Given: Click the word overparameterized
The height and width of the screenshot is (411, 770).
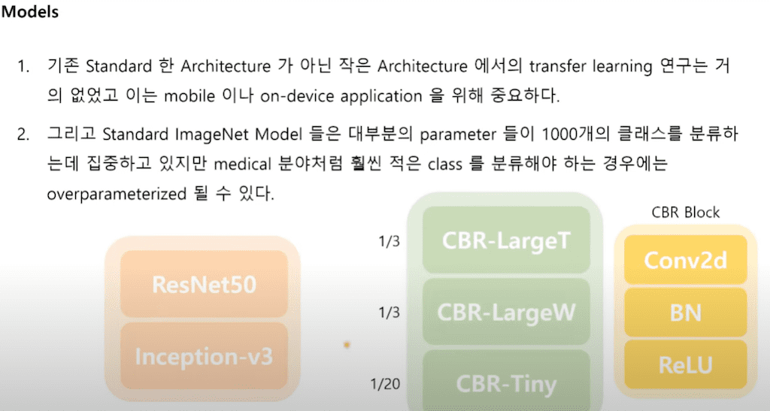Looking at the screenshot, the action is tap(114, 194).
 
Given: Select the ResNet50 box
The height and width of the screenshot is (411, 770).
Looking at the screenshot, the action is tap(204, 285).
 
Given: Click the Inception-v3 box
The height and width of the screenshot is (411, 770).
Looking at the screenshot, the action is tap(204, 356).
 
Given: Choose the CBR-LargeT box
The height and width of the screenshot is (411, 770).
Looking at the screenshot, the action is tap(506, 240).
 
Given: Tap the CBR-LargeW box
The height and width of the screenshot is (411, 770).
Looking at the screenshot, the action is tap(506, 312).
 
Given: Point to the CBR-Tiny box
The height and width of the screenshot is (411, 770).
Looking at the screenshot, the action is tap(506, 383).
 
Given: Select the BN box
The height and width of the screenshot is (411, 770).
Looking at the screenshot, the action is tap(685, 313).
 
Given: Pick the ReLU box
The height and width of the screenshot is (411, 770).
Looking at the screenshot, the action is tap(685, 365).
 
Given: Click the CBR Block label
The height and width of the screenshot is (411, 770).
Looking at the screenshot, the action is tap(685, 213).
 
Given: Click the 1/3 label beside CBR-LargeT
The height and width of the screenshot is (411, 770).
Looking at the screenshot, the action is tap(389, 242).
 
